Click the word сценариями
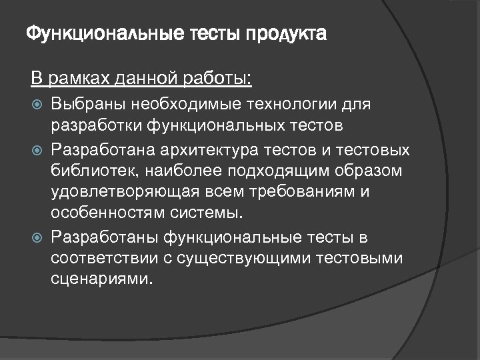click(x=101, y=280)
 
